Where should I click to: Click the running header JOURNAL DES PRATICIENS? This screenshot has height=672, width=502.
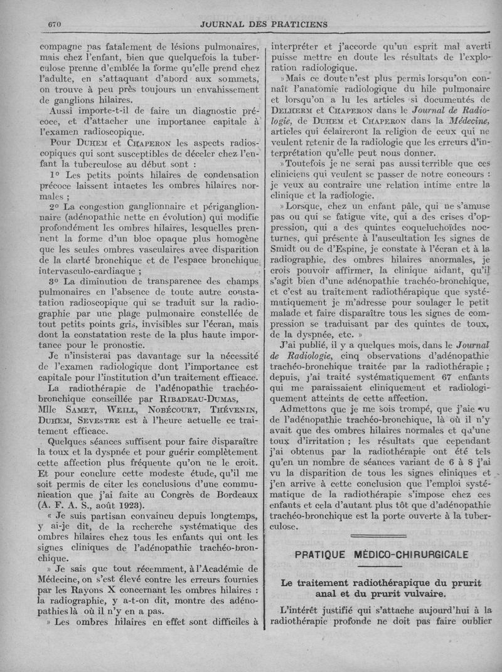(263, 24)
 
